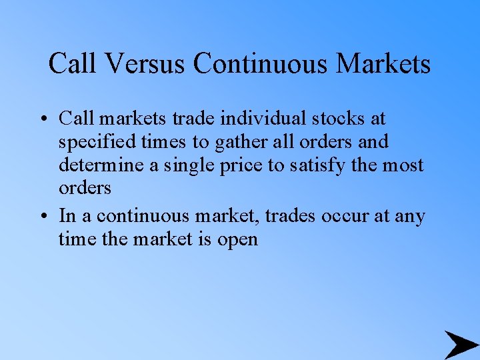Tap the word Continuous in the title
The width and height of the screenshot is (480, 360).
pos(261,64)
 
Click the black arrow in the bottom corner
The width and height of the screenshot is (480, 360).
pos(460,344)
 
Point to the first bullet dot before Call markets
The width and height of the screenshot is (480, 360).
pos(42,119)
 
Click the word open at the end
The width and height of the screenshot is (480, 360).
pos(237,239)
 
